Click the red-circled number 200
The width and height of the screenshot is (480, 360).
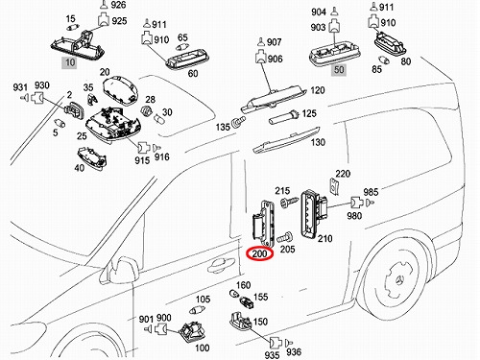[259, 253]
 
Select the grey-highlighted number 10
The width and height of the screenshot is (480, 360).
[70, 62]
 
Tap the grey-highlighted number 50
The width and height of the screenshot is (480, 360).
[339, 70]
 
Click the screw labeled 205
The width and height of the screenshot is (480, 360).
[284, 237]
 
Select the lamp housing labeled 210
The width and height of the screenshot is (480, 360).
[314, 212]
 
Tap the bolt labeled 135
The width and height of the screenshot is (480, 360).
[239, 122]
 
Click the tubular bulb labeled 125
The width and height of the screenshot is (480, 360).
[283, 117]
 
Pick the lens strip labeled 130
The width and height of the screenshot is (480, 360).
[286, 140]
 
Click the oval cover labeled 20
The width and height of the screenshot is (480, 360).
[120, 90]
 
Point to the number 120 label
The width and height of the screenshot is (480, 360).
[318, 90]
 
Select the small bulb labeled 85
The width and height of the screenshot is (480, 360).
[383, 60]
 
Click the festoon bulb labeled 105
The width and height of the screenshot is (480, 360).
[197, 310]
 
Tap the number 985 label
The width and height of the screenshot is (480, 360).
[371, 192]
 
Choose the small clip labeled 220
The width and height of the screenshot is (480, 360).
[334, 186]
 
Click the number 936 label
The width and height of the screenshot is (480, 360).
[294, 352]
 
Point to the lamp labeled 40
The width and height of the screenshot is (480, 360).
[92, 158]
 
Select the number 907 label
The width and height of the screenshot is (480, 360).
[274, 42]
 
